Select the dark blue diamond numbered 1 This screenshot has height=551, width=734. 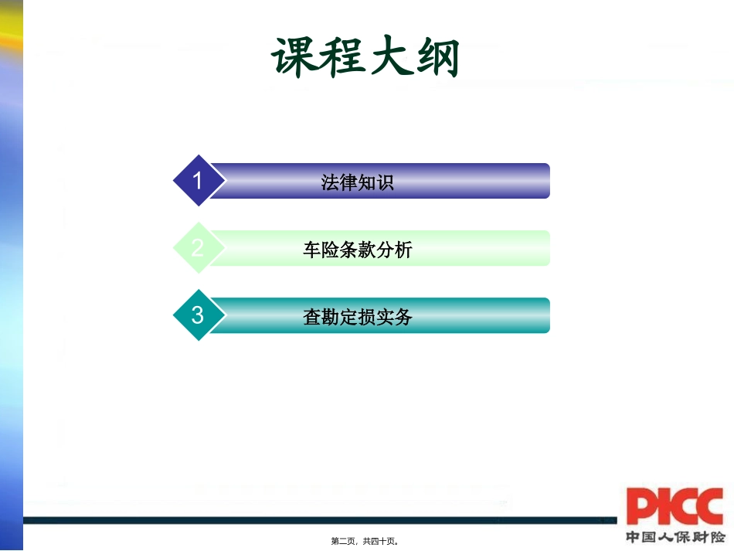click(x=198, y=181)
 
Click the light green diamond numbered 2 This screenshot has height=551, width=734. click(x=198, y=248)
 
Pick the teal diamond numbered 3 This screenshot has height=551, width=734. click(x=198, y=315)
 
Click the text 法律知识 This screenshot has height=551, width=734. click(x=357, y=182)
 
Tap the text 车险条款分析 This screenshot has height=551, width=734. click(x=357, y=250)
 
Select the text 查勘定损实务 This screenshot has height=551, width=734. click(x=357, y=317)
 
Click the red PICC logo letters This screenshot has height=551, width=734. click(x=675, y=506)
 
